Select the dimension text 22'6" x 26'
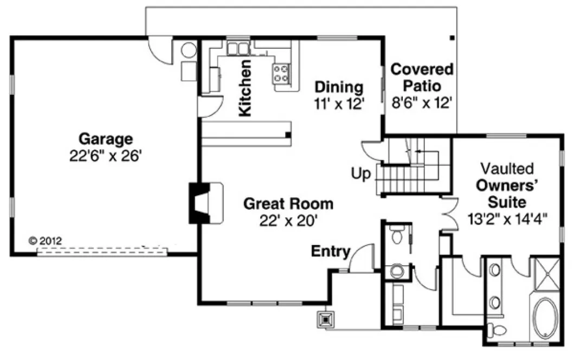[x=105, y=156]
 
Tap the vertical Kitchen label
[x=246, y=88]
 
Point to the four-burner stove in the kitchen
[x=282, y=73]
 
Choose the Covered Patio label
[x=422, y=78]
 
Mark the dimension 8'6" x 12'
[x=422, y=103]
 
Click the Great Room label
[x=288, y=204]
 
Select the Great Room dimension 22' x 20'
[x=288, y=221]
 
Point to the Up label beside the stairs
[x=360, y=175]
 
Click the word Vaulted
[x=507, y=168]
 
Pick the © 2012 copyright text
[x=46, y=239]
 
